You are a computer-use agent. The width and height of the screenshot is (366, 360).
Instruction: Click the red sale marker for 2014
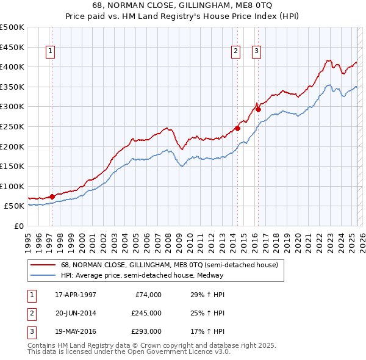pos(237,129)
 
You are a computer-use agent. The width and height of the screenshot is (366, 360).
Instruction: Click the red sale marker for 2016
pos(258,110)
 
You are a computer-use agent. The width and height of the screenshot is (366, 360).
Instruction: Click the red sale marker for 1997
pos(52,196)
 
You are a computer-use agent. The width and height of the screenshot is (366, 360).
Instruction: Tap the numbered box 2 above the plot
pos(235,52)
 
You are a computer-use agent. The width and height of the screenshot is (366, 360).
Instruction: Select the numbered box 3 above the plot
pos(256,52)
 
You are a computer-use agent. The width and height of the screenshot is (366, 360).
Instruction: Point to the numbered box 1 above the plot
pos(49,52)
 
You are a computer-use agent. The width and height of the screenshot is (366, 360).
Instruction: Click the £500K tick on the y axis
pos(12,27)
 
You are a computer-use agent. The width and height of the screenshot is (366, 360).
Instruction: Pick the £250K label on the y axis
pos(12,126)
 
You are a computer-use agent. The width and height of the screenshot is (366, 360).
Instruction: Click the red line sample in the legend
pos(43,265)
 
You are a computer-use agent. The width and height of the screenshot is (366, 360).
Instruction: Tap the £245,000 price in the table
pos(146,314)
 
